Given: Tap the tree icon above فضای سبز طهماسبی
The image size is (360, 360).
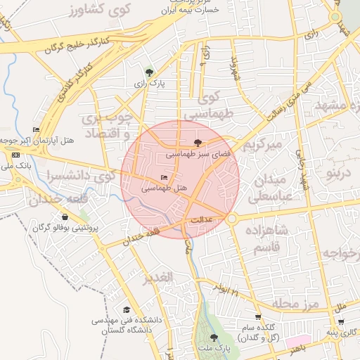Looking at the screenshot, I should point(206,141).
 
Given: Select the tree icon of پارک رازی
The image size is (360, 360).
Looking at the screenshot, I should point(148,72).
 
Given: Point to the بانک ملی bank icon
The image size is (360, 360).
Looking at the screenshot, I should point(15,153).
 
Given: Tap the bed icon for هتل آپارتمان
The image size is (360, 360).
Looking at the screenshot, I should point(36,129).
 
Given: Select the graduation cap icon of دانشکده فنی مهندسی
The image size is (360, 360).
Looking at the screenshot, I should point(127,309).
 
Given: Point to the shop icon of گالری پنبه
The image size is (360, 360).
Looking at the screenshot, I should point(330,331).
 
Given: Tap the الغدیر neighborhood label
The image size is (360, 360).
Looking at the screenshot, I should point(157,278).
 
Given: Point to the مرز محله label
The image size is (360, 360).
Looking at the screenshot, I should point(296,303).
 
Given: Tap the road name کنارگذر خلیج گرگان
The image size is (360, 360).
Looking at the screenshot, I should point(74,45).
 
